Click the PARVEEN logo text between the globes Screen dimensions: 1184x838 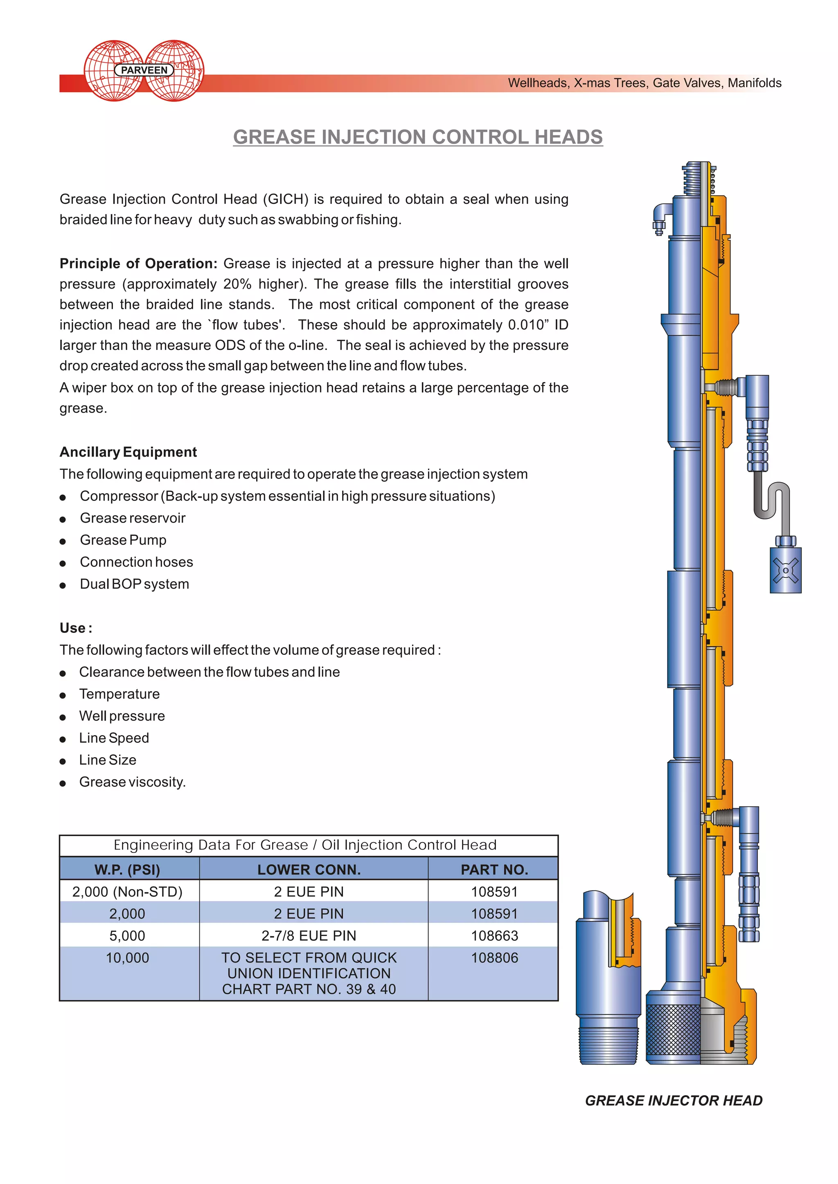coord(144,70)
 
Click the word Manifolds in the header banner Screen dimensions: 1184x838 coord(755,83)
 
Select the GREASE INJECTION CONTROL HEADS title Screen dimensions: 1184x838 coord(417,137)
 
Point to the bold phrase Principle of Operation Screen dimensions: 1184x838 coord(138,264)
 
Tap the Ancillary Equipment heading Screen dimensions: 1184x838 coord(128,452)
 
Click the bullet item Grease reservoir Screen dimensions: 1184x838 coord(132,518)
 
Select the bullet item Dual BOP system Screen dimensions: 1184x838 coord(134,584)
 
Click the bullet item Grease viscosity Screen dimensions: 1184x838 coord(132,782)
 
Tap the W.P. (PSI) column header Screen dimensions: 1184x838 coord(127,870)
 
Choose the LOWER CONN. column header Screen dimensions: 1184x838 coord(309,870)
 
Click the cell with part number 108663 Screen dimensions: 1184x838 coord(494,936)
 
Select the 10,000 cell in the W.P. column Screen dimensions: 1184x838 coord(127,958)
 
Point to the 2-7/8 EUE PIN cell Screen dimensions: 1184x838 coord(309,936)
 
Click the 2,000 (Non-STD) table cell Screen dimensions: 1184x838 coord(127,892)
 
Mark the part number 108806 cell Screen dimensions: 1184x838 coord(494,958)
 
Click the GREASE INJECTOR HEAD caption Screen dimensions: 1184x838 coord(674,1101)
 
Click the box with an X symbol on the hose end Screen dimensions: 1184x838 coord(785,571)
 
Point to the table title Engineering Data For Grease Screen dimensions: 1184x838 coord(305,845)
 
